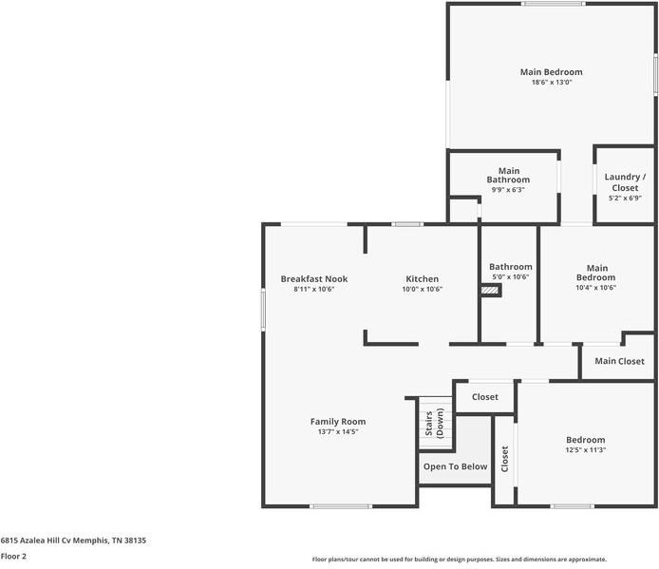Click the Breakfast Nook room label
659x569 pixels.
(313, 278)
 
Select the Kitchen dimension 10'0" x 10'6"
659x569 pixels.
(422, 289)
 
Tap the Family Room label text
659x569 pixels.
(337, 421)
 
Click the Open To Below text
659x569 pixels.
(455, 466)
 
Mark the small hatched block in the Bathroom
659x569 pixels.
(490, 291)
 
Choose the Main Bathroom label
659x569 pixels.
(508, 175)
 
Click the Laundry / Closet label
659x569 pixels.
(624, 181)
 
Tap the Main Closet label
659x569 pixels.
(619, 361)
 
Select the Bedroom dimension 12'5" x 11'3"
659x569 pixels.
(585, 450)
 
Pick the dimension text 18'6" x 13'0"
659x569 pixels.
(551, 83)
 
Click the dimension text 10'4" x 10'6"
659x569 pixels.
(596, 288)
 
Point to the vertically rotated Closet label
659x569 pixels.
(504, 459)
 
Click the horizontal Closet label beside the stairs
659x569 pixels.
(484, 397)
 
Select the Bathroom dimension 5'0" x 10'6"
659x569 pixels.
(510, 277)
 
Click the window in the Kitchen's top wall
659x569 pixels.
(408, 224)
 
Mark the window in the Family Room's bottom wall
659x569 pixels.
(340, 505)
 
